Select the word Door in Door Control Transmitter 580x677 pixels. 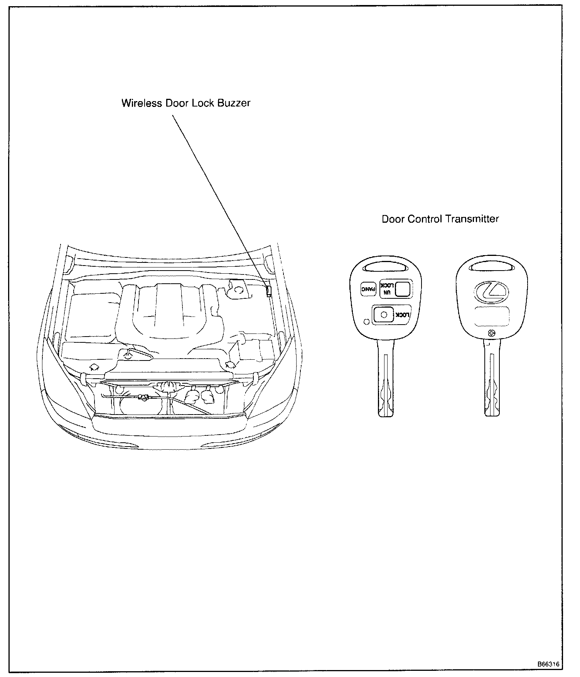(393, 219)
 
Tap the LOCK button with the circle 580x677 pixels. (383, 315)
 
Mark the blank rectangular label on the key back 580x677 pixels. (491, 316)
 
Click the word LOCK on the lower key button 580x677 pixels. (401, 315)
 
